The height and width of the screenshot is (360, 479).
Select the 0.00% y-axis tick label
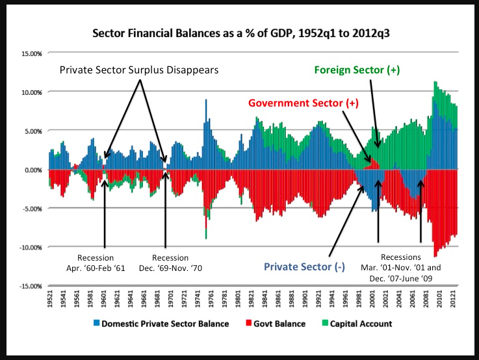(x=31, y=170)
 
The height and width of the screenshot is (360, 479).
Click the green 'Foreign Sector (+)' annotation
(x=357, y=70)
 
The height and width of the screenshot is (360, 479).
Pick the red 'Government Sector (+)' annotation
(x=301, y=103)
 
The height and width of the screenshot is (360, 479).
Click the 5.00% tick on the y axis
(x=31, y=131)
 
